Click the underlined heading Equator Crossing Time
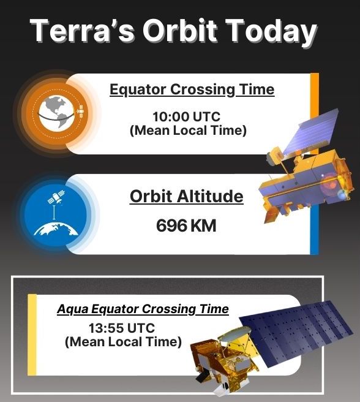pos(192,90)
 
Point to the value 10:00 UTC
pos(187,116)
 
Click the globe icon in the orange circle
pos(57,112)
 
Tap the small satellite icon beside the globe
pos(80,112)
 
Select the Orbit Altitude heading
pos(187,197)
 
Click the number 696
pos(171,226)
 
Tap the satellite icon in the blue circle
pos(56,197)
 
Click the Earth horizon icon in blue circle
pos(56,229)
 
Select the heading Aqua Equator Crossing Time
pos(143,309)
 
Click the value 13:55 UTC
pos(122,328)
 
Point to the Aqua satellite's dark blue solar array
pos(294,331)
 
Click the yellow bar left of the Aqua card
pos(32,335)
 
